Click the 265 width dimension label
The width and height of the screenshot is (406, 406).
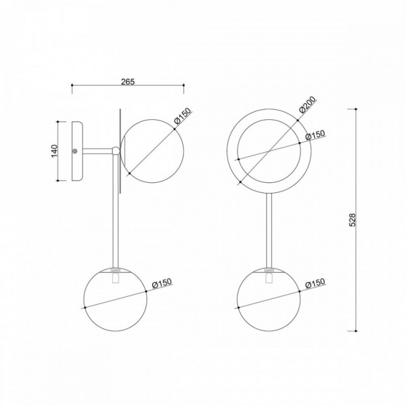point(128,82)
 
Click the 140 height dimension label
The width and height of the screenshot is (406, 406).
point(54,151)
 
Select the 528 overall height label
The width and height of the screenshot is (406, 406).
point(352,220)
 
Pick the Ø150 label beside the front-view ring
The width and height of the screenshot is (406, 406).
point(315,134)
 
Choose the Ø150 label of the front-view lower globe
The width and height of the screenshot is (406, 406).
point(315,283)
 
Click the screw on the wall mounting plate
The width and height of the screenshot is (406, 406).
point(75,151)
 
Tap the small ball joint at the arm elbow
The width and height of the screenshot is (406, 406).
point(116,151)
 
